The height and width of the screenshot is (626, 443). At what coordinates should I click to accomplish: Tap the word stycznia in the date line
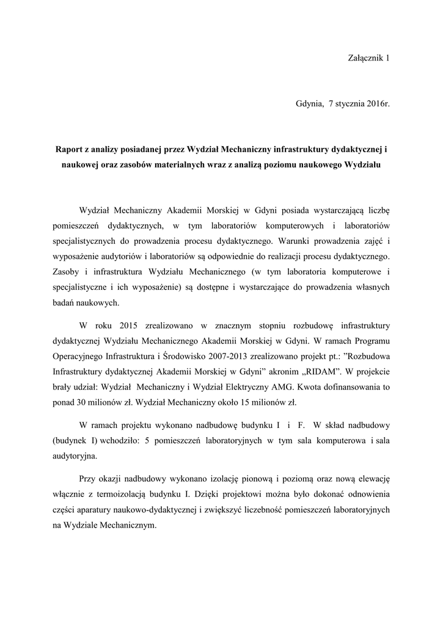click(x=350, y=105)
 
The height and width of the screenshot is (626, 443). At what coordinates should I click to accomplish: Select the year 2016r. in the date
click(x=378, y=105)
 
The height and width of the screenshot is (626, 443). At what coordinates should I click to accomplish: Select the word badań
click(x=65, y=302)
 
